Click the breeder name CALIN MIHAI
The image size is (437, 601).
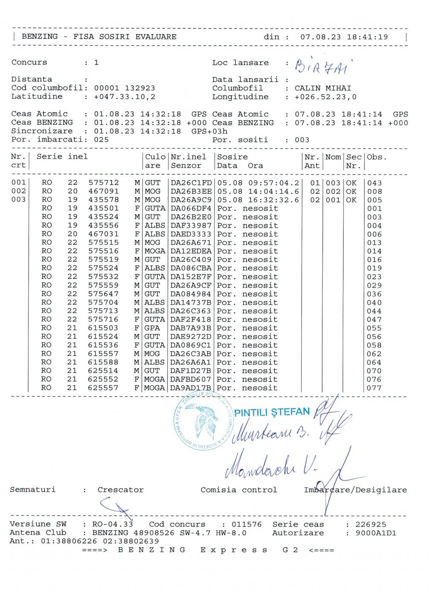coord(323,88)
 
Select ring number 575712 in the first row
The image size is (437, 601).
coord(104,183)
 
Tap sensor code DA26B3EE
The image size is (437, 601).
coord(191,191)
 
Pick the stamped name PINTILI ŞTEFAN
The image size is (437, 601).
coord(272,412)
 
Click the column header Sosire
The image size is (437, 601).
coord(232,157)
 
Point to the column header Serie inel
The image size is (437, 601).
coord(62,157)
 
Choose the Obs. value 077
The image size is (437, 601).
coord(374,388)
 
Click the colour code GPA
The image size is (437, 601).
coord(152,328)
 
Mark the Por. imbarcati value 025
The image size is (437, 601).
coord(101,140)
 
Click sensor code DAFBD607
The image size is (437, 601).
coord(191,379)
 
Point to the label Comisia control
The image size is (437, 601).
coord(239,490)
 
